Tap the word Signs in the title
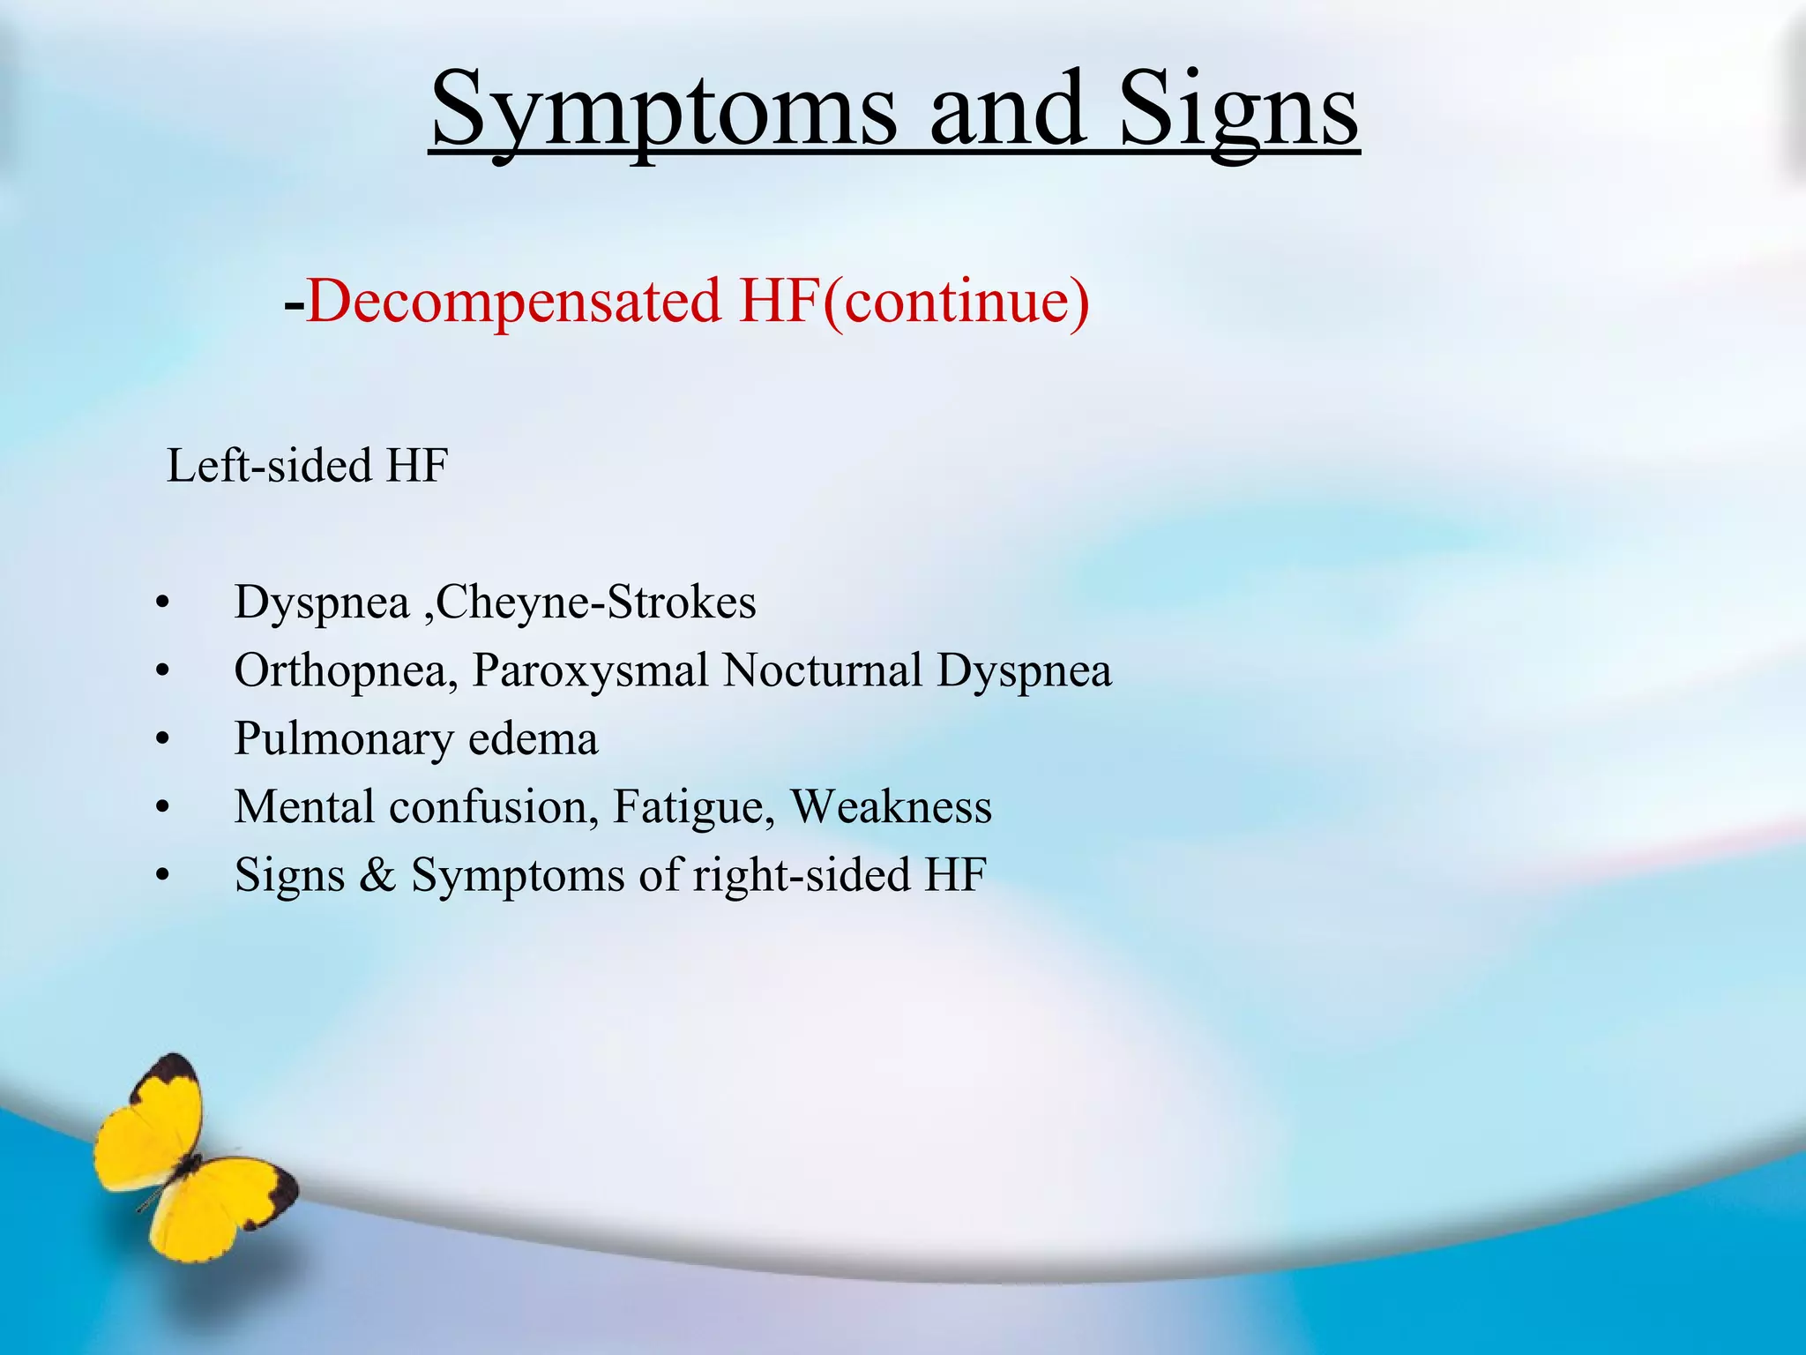point(1239,110)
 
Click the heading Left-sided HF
point(308,465)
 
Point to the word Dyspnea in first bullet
point(322,603)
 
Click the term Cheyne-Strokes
point(596,603)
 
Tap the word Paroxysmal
point(590,670)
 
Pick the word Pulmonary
point(343,739)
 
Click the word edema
point(533,739)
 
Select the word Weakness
point(891,807)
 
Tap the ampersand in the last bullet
point(377,875)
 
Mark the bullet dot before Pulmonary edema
point(161,741)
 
